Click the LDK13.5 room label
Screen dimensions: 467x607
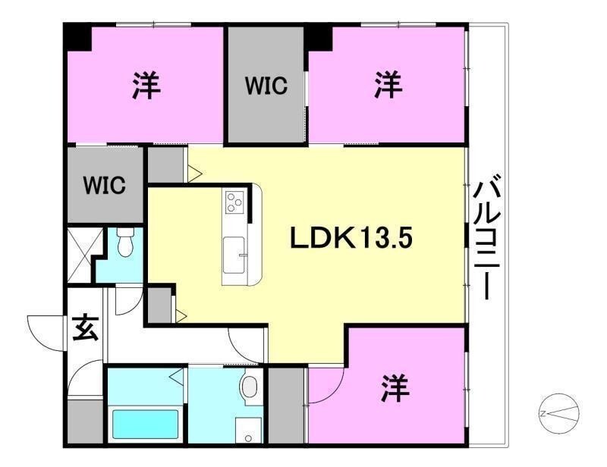coord(351,240)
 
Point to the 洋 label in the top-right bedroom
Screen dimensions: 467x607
coord(388,85)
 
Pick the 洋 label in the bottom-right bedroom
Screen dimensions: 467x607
coord(395,390)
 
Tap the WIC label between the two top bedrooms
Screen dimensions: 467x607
coord(266,86)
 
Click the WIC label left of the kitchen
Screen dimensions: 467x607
coord(104,185)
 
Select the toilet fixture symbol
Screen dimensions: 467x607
coord(127,242)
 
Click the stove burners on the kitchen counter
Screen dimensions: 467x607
coord(233,202)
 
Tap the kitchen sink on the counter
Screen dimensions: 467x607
coord(232,249)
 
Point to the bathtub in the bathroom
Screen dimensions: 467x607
coord(146,425)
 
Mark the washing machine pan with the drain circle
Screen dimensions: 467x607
coord(247,429)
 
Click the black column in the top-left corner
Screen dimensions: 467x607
coord(76,37)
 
